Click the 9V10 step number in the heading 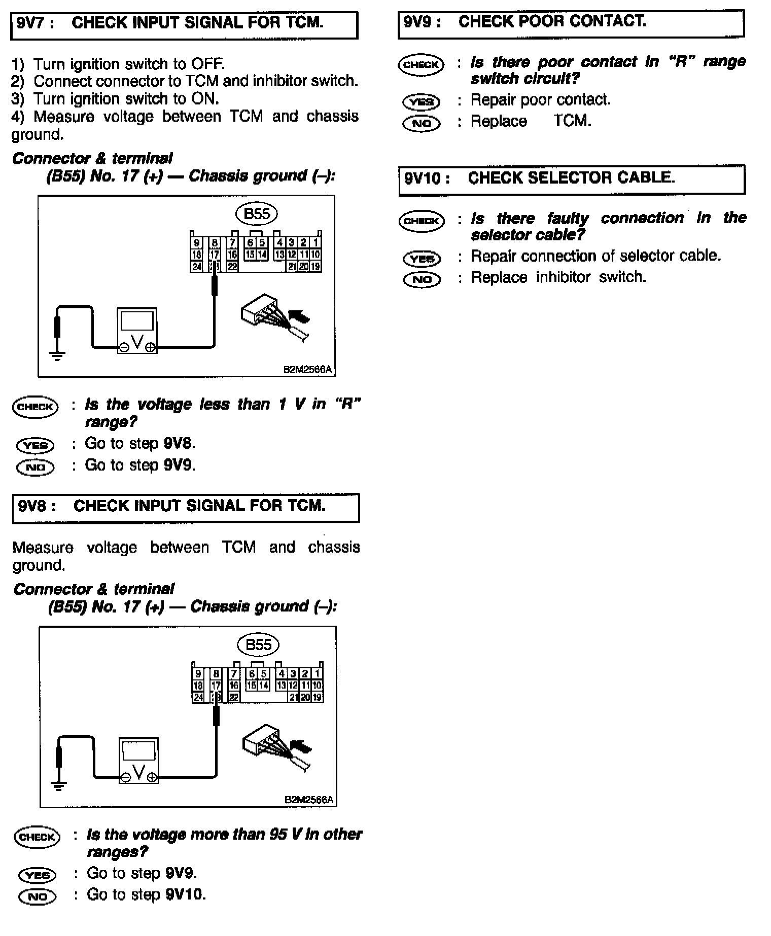pyautogui.click(x=424, y=178)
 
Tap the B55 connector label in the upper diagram pyautogui.click(x=257, y=214)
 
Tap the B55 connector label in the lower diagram pyautogui.click(x=258, y=645)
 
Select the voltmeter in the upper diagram pyautogui.click(x=137, y=330)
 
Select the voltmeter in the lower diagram pyautogui.click(x=138, y=761)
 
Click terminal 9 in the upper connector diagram pyautogui.click(x=196, y=243)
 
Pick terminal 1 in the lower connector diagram pyautogui.click(x=317, y=673)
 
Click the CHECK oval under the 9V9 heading pyautogui.click(x=421, y=65)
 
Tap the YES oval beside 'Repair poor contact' pyautogui.click(x=421, y=102)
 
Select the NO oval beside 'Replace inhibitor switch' pyautogui.click(x=422, y=279)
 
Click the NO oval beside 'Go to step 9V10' pyautogui.click(x=38, y=896)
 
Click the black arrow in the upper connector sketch pyautogui.click(x=299, y=318)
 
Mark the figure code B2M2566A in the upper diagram pyautogui.click(x=307, y=370)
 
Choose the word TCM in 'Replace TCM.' pyautogui.click(x=572, y=121)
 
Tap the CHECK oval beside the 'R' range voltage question pyautogui.click(x=36, y=407)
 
